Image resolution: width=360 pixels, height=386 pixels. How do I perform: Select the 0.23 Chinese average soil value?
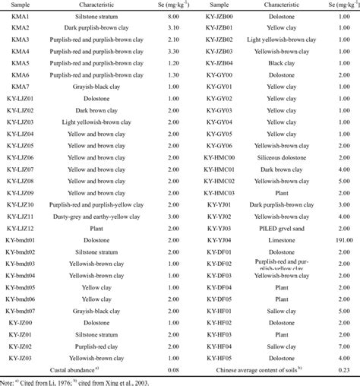pyautogui.click(x=345, y=369)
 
